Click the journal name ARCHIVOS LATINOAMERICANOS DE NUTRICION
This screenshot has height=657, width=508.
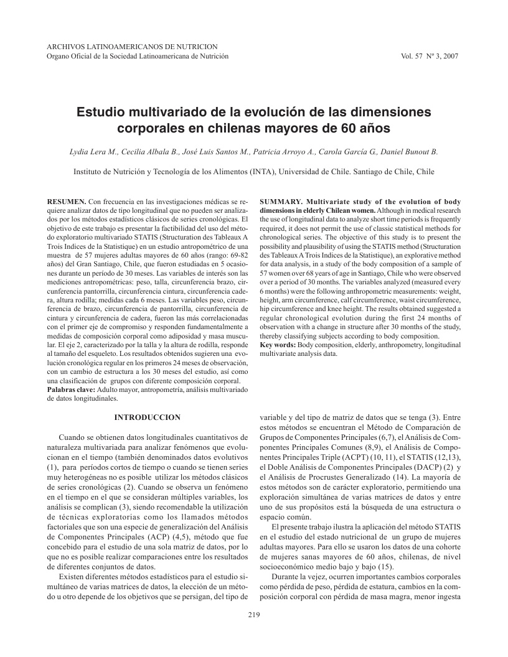(132, 47)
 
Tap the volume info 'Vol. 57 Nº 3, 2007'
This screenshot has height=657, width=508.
(430, 56)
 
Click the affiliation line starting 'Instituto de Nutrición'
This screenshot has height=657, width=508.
(254, 171)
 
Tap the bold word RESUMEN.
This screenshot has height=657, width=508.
(67, 203)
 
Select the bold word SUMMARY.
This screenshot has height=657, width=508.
(281, 203)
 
